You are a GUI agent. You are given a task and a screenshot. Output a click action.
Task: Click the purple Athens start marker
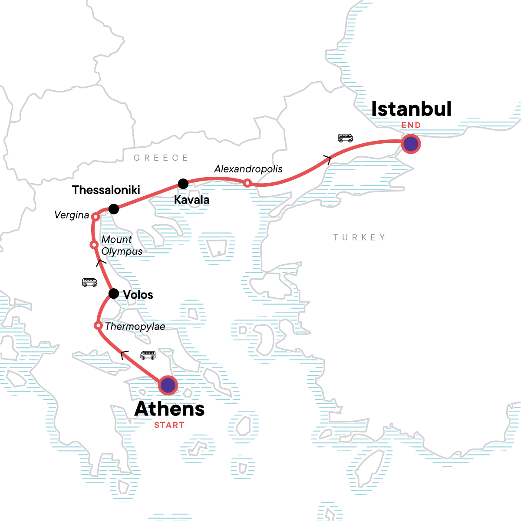click(x=168, y=385)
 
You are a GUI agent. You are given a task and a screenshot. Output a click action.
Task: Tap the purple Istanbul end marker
click(x=411, y=144)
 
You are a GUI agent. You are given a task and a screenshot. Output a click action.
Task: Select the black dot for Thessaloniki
click(x=113, y=209)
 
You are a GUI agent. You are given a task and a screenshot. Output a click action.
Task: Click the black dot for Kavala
click(x=183, y=184)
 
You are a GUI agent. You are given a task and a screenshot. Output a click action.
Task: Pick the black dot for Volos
click(x=113, y=294)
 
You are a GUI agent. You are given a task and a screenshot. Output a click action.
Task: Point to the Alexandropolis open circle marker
click(x=247, y=183)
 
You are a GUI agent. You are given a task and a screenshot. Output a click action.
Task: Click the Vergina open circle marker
click(x=95, y=217)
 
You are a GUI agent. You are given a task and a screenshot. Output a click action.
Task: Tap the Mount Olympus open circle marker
click(x=93, y=245)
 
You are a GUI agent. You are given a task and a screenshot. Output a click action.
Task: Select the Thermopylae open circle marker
click(x=98, y=326)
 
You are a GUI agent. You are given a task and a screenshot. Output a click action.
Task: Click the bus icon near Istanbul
click(x=345, y=138)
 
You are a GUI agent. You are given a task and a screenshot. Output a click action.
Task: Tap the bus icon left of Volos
click(x=89, y=283)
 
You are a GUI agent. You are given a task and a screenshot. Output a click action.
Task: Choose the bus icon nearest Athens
click(x=148, y=355)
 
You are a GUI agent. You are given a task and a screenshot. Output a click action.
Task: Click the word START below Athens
click(x=169, y=425)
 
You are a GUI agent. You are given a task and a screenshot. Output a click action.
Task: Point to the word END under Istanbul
click(x=411, y=125)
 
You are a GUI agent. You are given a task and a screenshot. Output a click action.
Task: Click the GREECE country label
click(x=161, y=158)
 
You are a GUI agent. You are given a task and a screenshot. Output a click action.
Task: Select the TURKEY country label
click(x=359, y=237)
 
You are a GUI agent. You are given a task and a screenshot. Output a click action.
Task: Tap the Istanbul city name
click(x=411, y=109)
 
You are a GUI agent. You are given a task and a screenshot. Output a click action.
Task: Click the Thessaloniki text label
click(x=106, y=190)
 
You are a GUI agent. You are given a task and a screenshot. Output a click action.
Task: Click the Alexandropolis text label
click(x=248, y=169)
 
